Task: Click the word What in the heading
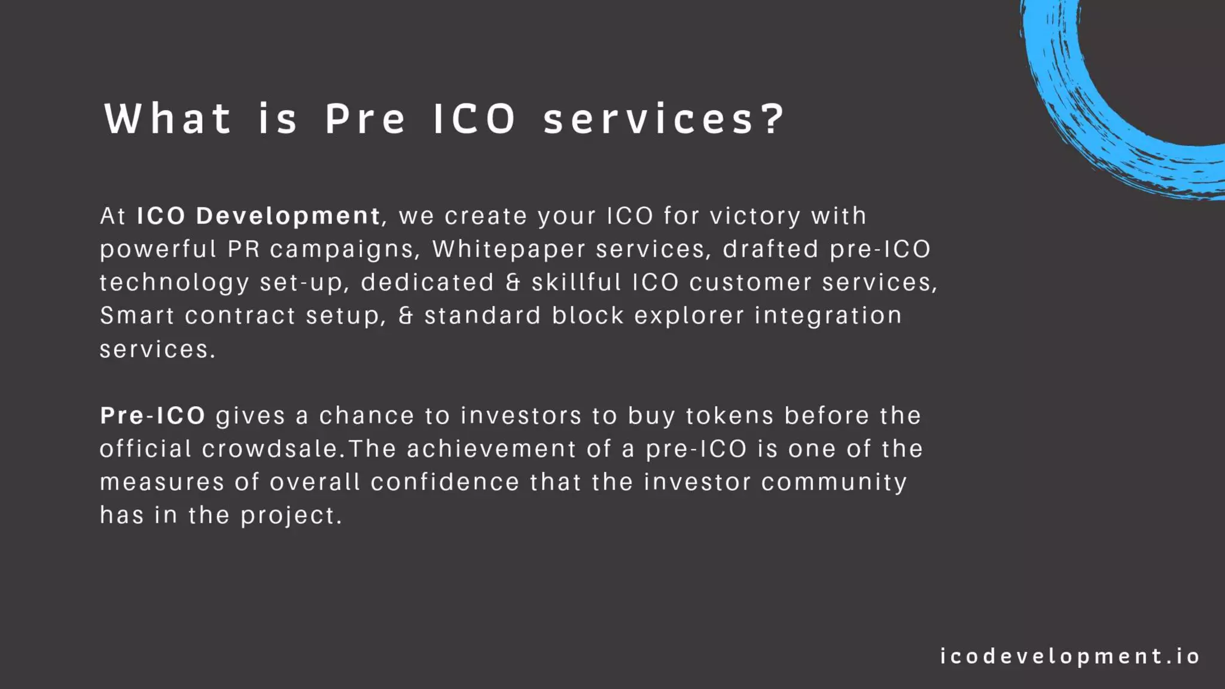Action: [x=167, y=118]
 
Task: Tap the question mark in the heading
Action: [x=774, y=118]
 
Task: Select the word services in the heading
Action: [x=648, y=118]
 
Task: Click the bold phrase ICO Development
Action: [x=258, y=216]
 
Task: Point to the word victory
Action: [x=755, y=216]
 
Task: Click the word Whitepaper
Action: [x=508, y=249]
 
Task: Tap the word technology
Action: [x=174, y=283]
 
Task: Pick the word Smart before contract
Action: [x=137, y=316]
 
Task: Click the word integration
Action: [x=828, y=316]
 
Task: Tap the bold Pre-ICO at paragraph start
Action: [x=153, y=416]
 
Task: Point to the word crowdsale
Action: [x=273, y=449]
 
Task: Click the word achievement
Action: [x=491, y=449]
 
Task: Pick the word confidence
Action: [x=445, y=483]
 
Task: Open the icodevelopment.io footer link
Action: [x=1069, y=657]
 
